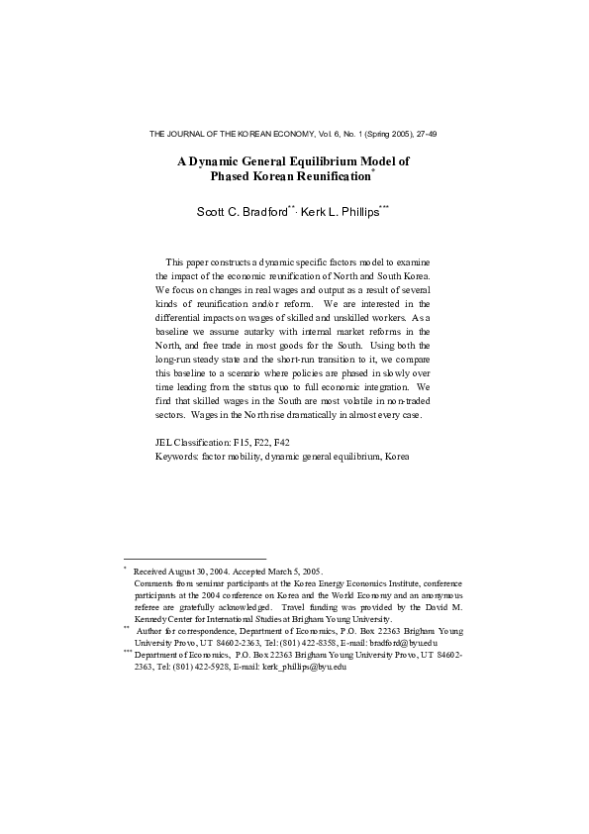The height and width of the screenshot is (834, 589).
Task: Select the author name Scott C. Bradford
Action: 244,211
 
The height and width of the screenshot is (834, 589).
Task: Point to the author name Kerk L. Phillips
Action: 339,211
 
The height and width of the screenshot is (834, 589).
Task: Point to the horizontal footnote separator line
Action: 195,559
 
